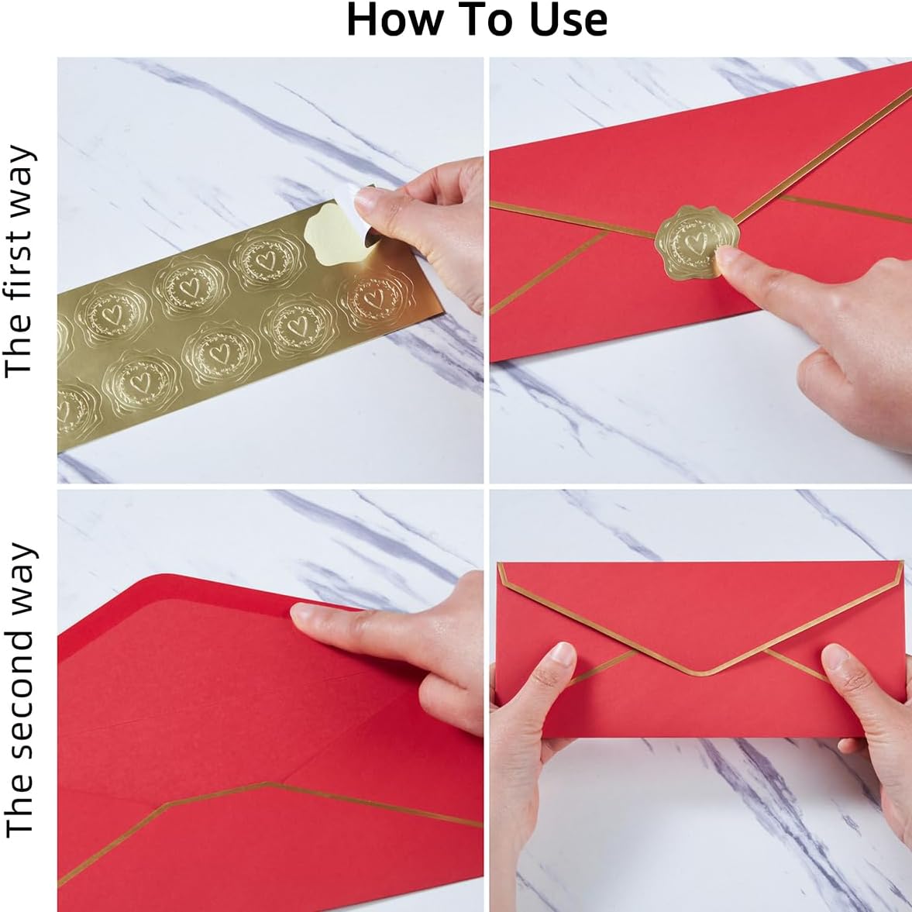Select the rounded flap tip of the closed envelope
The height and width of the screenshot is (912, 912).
pos(702,672)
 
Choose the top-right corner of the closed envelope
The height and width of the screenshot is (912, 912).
pos(903,564)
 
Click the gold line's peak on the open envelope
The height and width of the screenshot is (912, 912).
pos(271,785)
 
